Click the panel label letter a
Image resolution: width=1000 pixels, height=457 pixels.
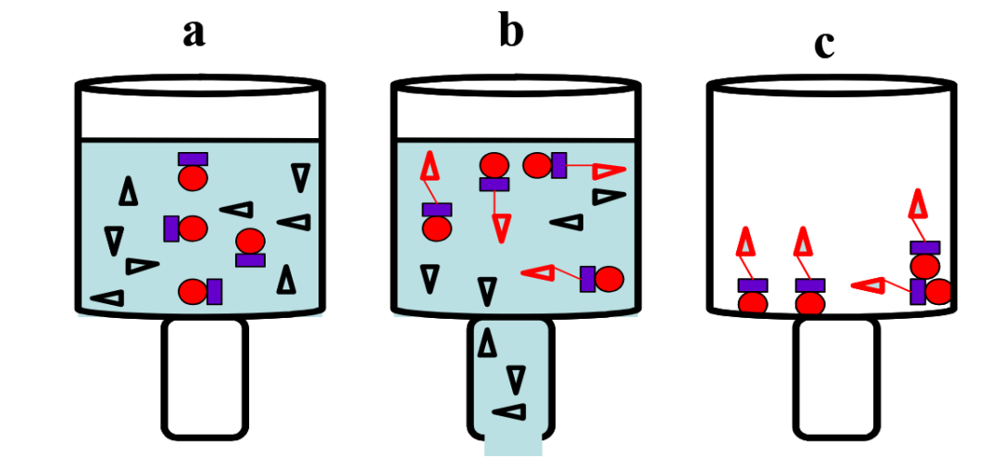point(193,33)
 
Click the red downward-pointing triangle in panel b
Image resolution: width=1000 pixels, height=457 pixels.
point(501,226)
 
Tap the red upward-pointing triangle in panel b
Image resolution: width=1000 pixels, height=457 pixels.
point(431,167)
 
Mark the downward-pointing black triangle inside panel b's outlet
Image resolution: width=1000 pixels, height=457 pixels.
point(516,379)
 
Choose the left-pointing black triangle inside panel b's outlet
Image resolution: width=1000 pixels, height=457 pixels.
point(510,412)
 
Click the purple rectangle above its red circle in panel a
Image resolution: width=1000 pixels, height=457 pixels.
point(193,159)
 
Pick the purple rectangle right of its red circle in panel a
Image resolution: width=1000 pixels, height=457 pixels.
point(215,291)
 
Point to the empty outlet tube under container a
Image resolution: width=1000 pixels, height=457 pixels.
point(205,377)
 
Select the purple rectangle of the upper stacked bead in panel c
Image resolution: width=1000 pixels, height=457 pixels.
point(924,248)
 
